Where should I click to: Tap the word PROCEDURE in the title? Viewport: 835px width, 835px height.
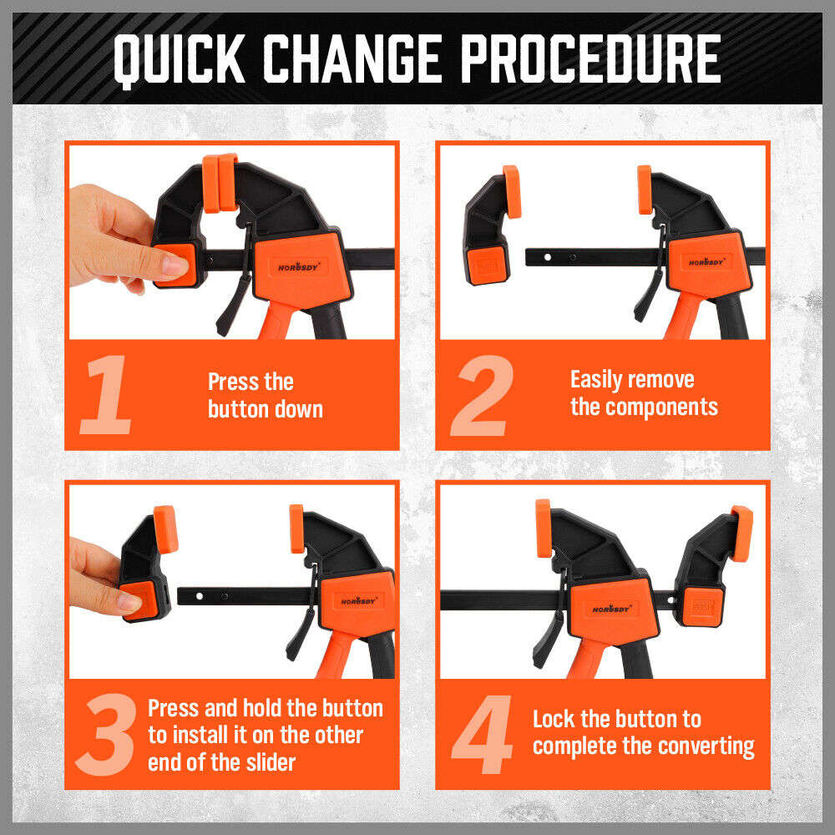coord(591,58)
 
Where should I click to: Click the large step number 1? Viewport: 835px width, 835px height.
coord(106,395)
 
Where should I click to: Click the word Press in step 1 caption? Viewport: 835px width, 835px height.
coord(233,382)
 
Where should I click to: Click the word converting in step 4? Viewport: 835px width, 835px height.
coord(703,746)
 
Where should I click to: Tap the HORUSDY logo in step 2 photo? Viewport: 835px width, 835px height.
coord(708,261)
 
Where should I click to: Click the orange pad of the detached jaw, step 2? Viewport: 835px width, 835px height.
coord(511,191)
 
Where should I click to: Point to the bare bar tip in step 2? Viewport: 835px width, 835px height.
coord(534,255)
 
